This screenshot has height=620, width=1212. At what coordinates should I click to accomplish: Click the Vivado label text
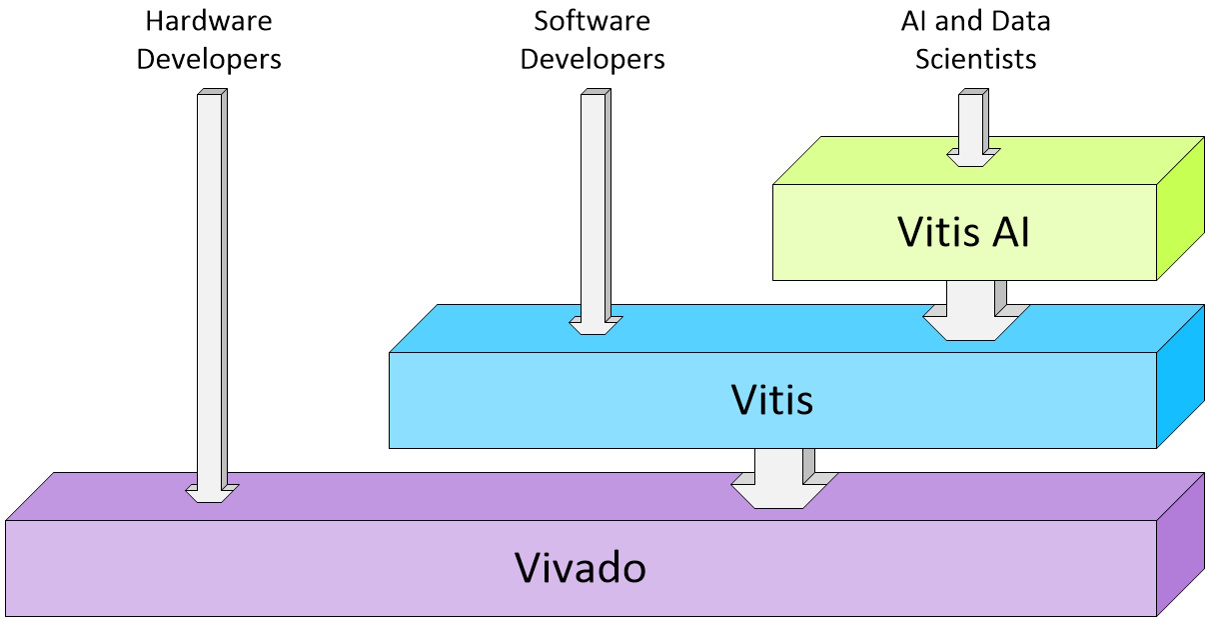581,568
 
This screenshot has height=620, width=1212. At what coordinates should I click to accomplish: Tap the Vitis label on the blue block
771,400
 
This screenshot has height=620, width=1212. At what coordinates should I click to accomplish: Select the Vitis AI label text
963,232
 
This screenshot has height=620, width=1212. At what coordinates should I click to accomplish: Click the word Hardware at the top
209,21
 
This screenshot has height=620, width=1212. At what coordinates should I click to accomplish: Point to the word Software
593,21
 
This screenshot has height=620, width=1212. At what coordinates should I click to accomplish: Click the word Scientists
975,59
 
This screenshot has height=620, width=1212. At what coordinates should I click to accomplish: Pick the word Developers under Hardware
209,59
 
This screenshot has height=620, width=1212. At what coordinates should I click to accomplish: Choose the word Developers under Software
593,59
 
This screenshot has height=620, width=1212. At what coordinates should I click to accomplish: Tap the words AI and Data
975,21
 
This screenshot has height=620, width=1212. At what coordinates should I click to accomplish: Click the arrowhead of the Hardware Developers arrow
211,493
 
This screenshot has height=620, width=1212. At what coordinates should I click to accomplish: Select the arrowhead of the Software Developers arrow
595,325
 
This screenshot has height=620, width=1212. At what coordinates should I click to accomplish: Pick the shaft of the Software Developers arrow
594,200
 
